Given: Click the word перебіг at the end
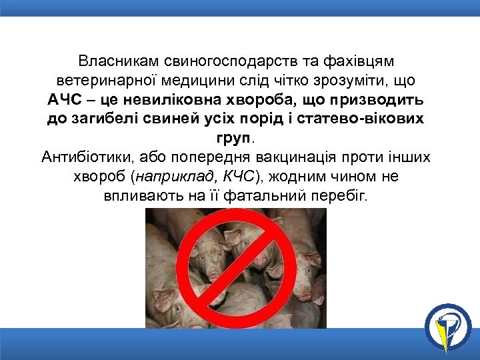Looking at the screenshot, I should pyautogui.click(x=345, y=197).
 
